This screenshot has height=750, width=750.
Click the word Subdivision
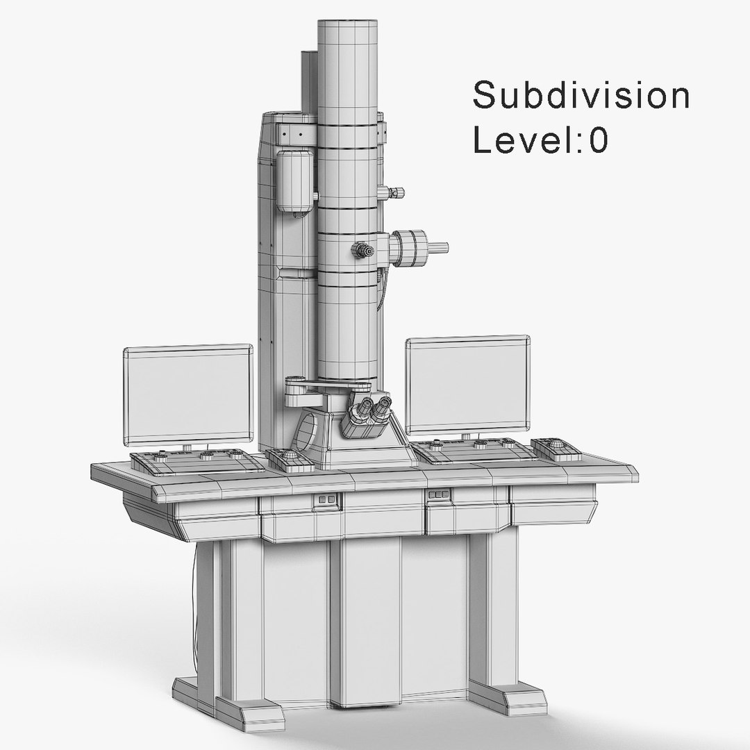[x=581, y=96]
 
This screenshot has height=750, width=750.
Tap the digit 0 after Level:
[x=599, y=140]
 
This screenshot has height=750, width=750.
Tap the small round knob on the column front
[x=362, y=249]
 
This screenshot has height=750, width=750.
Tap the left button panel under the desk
[x=326, y=499]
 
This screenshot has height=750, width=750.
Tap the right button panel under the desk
[x=438, y=494]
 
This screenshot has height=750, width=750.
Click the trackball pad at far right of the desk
[x=559, y=448]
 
